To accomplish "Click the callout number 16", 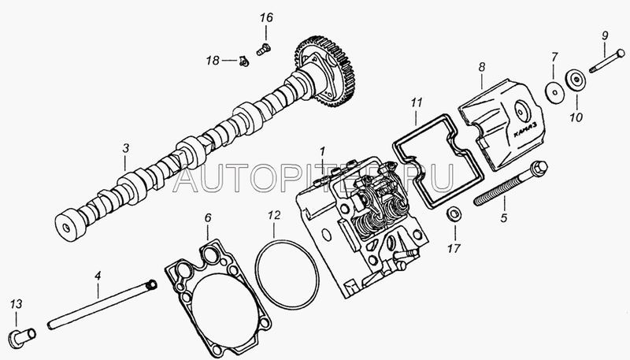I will click(x=265, y=17).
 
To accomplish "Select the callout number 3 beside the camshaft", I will click(x=125, y=148).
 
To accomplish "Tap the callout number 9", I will click(x=605, y=35).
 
